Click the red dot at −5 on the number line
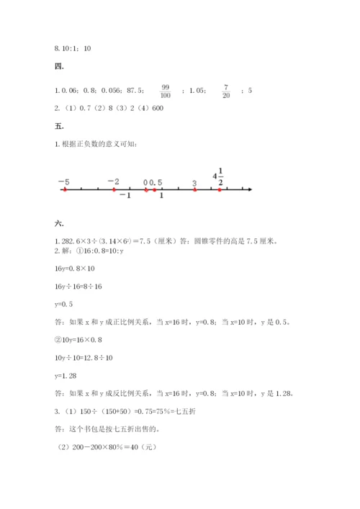coord(65,190)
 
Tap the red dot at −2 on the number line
coord(114,190)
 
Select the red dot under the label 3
coord(195,190)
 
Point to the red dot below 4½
coord(220,190)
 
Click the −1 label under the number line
coord(125,196)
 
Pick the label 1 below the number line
coord(161,196)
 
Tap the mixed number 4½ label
coord(219,175)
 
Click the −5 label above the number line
coord(63,181)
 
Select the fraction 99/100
coord(166,91)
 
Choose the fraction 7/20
coord(226,91)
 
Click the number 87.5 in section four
coord(134,91)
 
